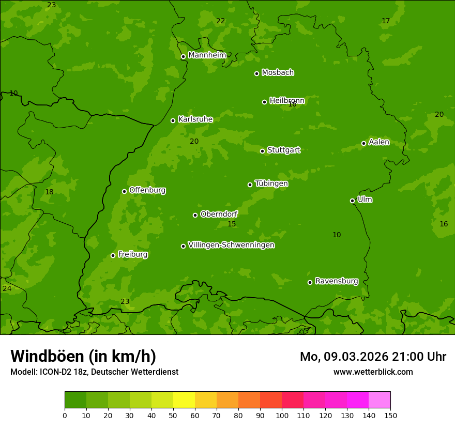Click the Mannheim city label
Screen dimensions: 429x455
click(207, 55)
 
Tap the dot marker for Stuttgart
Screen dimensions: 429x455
click(262, 151)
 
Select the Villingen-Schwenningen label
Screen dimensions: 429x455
click(231, 245)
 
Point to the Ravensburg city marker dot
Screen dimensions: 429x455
click(310, 282)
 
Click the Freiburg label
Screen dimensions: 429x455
click(132, 254)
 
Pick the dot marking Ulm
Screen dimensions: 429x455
click(352, 201)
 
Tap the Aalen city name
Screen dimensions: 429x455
click(378, 142)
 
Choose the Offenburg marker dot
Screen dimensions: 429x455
click(124, 191)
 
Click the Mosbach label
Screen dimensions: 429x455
click(277, 73)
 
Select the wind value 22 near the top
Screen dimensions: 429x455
click(221, 21)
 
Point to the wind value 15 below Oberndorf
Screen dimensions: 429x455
click(232, 224)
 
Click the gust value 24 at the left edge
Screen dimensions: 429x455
click(7, 288)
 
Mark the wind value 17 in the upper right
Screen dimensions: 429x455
click(386, 21)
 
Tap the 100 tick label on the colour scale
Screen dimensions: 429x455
click(282, 415)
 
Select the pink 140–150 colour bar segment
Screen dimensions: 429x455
click(380, 400)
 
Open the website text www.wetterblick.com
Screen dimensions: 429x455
click(373, 372)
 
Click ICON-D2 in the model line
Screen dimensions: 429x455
click(54, 372)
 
